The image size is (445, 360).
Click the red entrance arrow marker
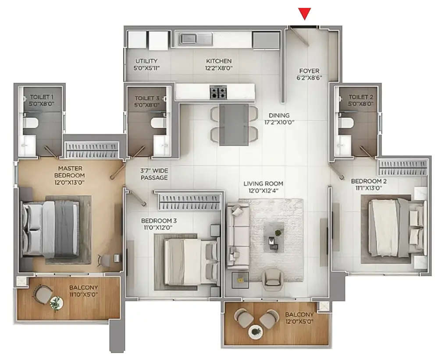[x=305, y=14]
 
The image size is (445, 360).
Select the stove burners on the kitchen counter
[x=218, y=92]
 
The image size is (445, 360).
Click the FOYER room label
[x=309, y=71]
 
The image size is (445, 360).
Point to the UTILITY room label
[x=146, y=61]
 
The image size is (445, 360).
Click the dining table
[x=233, y=124]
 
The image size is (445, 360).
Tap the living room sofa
[x=238, y=236]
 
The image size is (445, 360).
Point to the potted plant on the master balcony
[x=56, y=303]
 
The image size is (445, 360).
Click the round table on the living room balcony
[x=256, y=332]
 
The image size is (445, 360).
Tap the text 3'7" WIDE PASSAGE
[x=154, y=174]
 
